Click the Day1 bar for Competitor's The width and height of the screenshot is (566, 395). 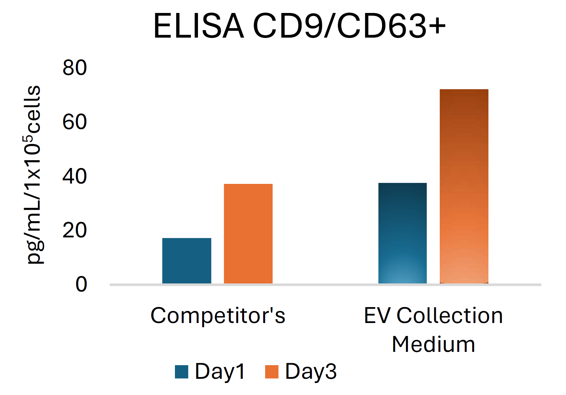point(187,261)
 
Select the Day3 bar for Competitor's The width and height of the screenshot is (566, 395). point(248,233)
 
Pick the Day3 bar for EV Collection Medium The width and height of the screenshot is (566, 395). point(464,186)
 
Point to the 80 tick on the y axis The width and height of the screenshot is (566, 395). point(75,68)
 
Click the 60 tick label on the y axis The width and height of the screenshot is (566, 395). point(75,122)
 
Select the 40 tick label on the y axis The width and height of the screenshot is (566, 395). point(75,176)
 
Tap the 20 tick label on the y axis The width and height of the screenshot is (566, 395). point(75,231)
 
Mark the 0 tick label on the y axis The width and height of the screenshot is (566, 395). point(81,284)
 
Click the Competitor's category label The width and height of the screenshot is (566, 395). point(218,315)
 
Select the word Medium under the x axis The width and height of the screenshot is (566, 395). point(434,344)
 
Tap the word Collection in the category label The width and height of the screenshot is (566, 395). point(450,315)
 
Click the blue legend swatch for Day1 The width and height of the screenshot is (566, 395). point(181,372)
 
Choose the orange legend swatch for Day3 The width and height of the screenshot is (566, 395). point(272,372)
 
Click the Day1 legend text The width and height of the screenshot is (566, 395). point(220,371)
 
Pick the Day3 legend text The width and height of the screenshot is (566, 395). point(311,371)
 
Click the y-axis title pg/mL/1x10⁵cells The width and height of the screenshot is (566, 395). point(33,175)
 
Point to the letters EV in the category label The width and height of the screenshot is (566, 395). point(376,315)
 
